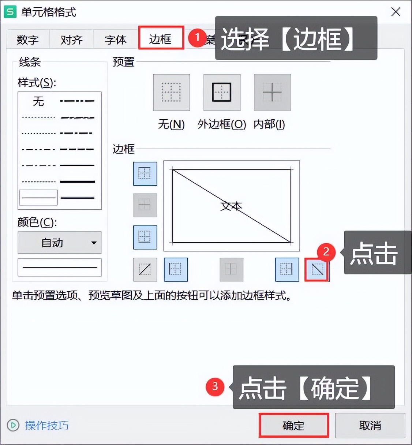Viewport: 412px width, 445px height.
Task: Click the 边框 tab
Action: [161, 39]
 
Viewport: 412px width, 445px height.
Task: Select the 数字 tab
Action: [28, 40]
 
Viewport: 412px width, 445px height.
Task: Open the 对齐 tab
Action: [71, 40]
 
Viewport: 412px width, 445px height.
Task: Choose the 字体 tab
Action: [115, 40]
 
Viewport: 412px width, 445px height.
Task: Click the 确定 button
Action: [293, 425]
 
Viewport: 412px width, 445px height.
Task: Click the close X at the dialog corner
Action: [396, 12]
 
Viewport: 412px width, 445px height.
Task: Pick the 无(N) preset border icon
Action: [171, 92]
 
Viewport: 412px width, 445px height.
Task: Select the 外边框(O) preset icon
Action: [222, 92]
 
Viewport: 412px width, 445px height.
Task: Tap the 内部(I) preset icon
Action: [272, 92]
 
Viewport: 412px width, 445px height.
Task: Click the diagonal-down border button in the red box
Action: [317, 270]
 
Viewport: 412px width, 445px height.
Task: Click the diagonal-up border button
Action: [145, 270]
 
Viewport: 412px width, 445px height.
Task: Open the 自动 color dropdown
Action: [59, 242]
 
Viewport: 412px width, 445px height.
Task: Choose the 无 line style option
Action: [38, 101]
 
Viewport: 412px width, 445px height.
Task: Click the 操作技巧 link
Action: [46, 425]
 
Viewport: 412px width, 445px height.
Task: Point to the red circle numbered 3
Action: [215, 386]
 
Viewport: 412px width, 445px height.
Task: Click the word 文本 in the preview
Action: [231, 206]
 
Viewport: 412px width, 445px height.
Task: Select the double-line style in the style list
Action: [77, 198]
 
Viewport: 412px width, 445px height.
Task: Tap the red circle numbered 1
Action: [198, 37]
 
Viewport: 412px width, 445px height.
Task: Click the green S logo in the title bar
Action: [10, 12]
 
